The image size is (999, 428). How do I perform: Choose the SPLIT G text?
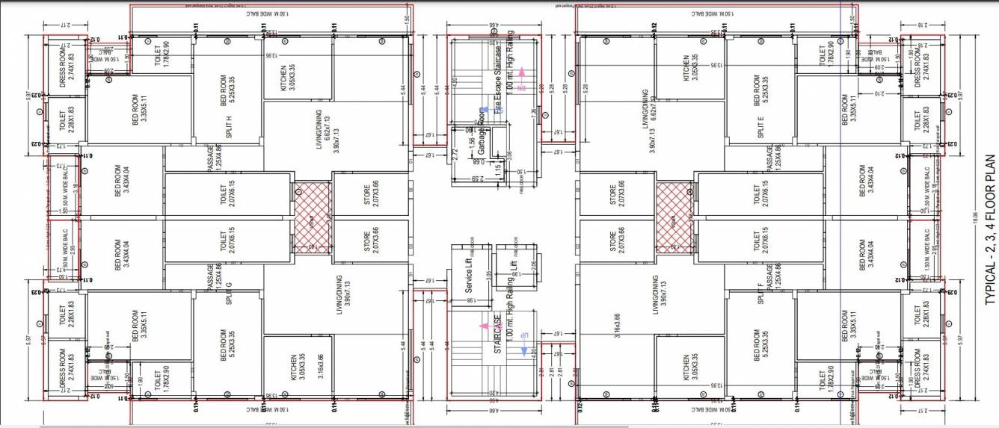(x=228, y=286)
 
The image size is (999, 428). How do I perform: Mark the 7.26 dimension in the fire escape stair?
(x=532, y=114)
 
